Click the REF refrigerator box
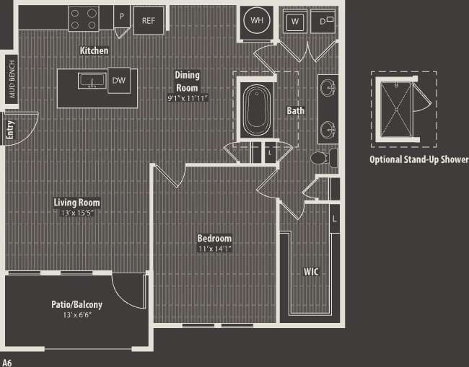(x=148, y=20)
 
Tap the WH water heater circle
(x=256, y=20)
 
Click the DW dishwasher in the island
(x=118, y=81)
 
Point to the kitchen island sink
(x=92, y=81)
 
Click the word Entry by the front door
(x=10, y=130)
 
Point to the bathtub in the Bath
(x=256, y=110)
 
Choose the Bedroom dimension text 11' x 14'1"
(x=214, y=249)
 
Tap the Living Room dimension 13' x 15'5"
(x=76, y=213)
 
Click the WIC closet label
(x=311, y=272)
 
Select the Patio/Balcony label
(x=76, y=304)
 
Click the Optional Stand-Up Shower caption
(x=418, y=159)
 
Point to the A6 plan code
(x=8, y=361)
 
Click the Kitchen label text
(x=94, y=51)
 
